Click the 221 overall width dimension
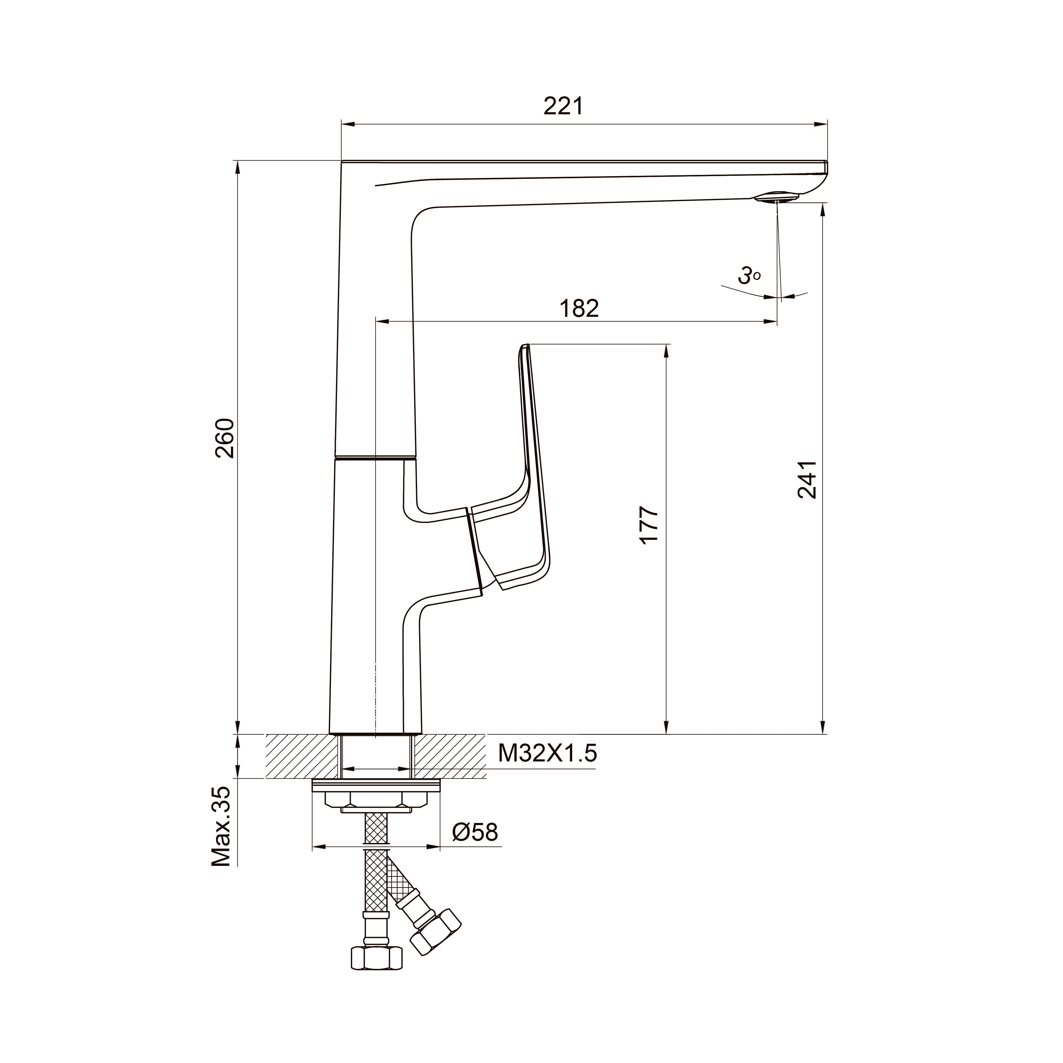[563, 106]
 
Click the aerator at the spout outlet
[776, 197]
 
